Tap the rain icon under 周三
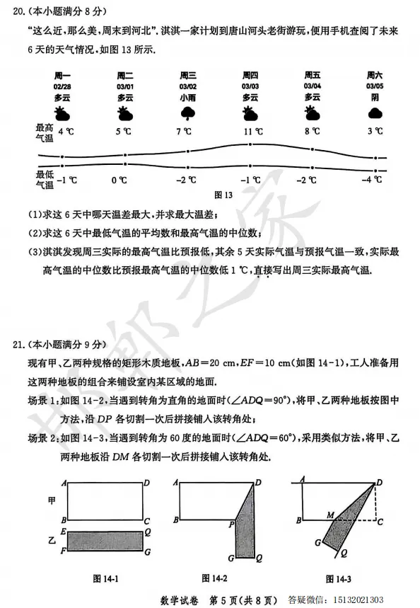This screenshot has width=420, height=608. (x=188, y=113)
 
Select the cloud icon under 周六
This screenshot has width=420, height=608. (x=375, y=113)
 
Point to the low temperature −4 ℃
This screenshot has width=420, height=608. (x=373, y=180)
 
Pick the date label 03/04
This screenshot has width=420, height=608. (x=313, y=86)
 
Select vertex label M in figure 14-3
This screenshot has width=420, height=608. (x=330, y=516)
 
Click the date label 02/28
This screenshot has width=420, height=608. (x=62, y=86)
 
